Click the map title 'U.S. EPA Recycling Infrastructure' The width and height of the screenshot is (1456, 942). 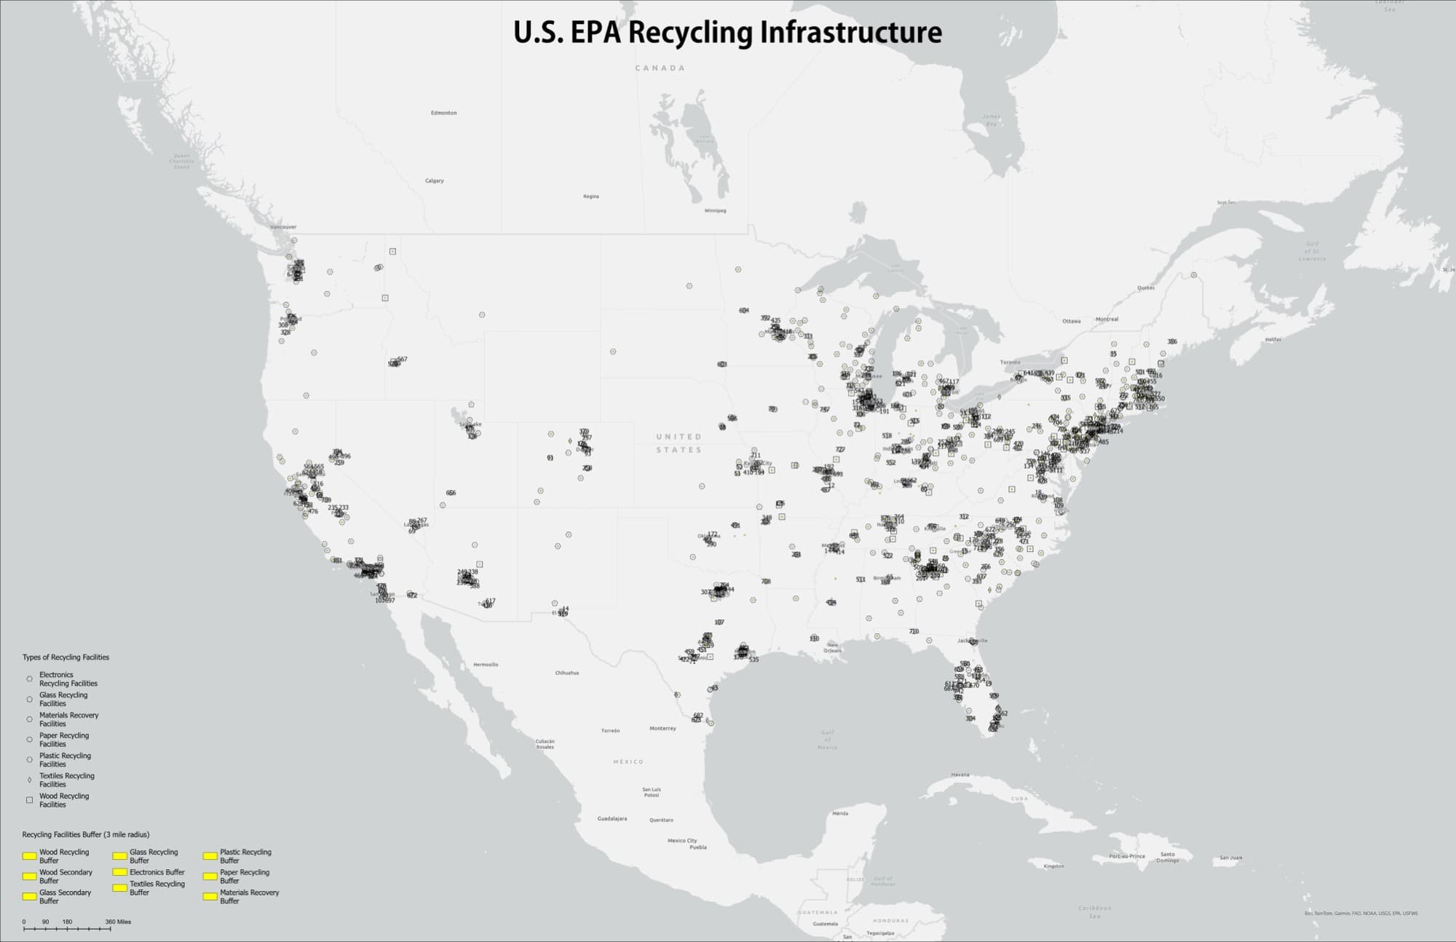[x=727, y=33]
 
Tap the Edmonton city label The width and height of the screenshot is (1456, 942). [x=443, y=113]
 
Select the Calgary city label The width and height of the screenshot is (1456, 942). [x=434, y=181]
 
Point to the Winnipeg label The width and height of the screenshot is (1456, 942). [x=715, y=211]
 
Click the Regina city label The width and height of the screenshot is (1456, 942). [x=590, y=197]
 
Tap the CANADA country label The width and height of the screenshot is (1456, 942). [x=660, y=68]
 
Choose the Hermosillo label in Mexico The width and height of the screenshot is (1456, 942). [x=486, y=665]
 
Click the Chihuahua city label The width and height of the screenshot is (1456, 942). [x=566, y=673]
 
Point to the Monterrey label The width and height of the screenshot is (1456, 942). [x=662, y=728]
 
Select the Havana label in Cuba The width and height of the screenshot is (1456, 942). [x=960, y=775]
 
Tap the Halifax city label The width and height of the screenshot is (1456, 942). [x=1273, y=339]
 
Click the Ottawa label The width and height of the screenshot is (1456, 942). [x=1071, y=321]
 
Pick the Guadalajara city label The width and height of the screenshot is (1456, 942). [x=612, y=818]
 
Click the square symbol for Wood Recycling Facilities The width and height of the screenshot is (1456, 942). [x=29, y=800]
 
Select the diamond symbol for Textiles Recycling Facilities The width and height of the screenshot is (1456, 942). [x=29, y=780]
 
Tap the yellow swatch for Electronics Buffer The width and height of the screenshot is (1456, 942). [x=119, y=872]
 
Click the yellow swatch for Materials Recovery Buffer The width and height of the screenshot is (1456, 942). [x=210, y=896]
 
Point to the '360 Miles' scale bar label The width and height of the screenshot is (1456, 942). [x=118, y=922]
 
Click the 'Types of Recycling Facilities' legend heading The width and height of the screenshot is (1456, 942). [x=66, y=657]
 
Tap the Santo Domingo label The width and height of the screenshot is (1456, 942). [x=1167, y=858]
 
